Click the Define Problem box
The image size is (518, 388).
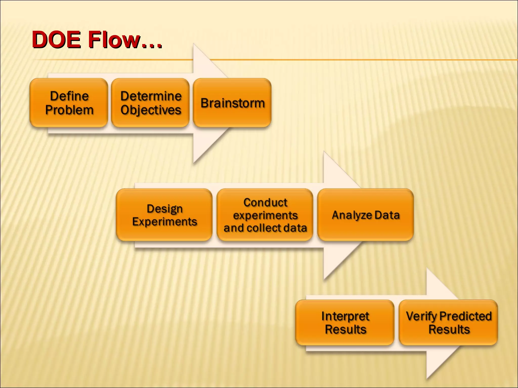click(x=69, y=103)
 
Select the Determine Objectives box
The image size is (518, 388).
click(x=150, y=103)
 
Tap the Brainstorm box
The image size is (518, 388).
click(x=232, y=103)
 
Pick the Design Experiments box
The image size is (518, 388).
click(x=164, y=215)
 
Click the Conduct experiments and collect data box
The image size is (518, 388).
click(x=265, y=215)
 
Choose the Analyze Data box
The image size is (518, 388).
click(x=365, y=215)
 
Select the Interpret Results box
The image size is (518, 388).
click(x=345, y=323)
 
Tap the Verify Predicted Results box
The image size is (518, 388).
click(x=448, y=323)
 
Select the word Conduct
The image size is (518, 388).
click(x=265, y=202)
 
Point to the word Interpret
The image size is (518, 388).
click(x=345, y=316)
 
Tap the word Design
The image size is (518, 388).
click(x=165, y=209)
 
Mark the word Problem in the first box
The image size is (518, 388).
click(x=69, y=110)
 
